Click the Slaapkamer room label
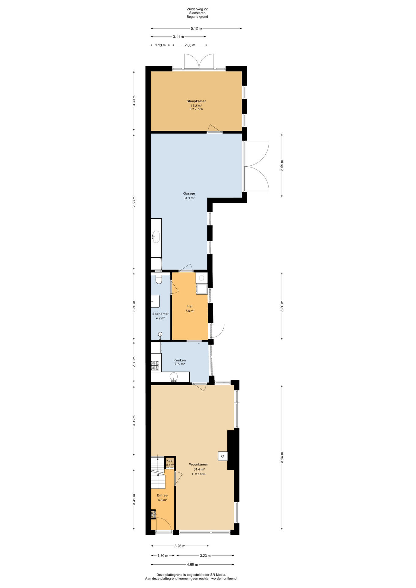tap(196, 101)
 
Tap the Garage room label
tap(189, 194)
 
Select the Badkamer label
tap(161, 314)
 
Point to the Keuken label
tap(180, 360)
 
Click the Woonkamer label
tap(199, 464)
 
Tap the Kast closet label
tap(170, 460)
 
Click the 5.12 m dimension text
tap(196, 28)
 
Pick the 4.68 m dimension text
tap(192, 564)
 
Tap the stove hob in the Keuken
tap(155, 366)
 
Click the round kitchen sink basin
tap(174, 376)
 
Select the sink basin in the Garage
tap(156, 237)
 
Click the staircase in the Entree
tap(158, 473)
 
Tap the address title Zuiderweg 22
tap(197, 9)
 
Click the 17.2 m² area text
tap(196, 106)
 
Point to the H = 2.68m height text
tap(199, 474)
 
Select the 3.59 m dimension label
tap(282, 165)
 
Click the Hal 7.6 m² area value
tap(190, 311)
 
